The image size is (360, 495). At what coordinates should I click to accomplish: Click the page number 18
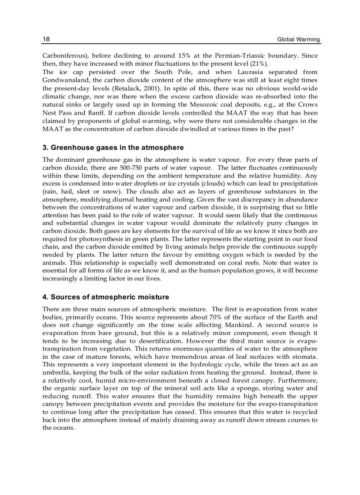[x=46, y=39]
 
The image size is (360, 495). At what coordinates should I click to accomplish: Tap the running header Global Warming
[x=299, y=40]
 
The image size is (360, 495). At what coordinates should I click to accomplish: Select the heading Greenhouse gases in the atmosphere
[x=113, y=147]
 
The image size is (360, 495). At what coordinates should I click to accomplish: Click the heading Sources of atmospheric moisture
[x=105, y=297]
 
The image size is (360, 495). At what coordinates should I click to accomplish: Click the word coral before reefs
[x=247, y=263]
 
